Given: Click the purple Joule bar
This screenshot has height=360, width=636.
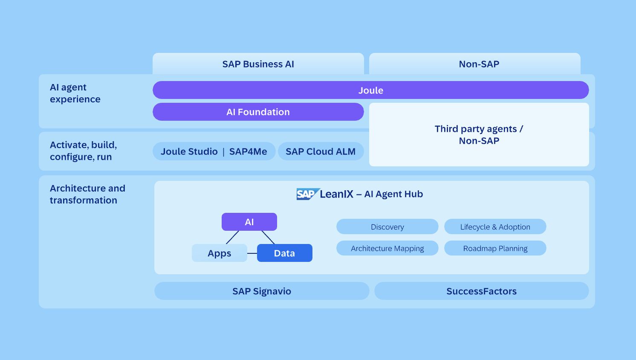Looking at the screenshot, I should [370, 90].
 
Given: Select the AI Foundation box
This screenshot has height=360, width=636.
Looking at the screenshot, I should [258, 112].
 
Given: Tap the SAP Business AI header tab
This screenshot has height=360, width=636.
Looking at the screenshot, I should [258, 64].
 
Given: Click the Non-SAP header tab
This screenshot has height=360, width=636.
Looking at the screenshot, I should [479, 64].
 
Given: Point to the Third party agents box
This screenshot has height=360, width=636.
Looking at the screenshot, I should [479, 135].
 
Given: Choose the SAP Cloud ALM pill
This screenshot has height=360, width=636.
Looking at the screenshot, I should [321, 151].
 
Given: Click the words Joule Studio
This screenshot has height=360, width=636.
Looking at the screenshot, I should [189, 151].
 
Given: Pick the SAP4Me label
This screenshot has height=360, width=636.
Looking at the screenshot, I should [248, 151].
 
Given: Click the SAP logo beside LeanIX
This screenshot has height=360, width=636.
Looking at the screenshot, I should [307, 194].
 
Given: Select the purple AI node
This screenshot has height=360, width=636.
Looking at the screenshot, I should [249, 222].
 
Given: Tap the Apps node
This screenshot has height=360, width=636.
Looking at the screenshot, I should [219, 253].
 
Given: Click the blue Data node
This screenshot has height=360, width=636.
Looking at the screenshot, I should [284, 253].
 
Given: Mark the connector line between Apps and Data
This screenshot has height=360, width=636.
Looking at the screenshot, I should [252, 253].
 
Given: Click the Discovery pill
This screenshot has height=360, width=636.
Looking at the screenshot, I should [387, 226].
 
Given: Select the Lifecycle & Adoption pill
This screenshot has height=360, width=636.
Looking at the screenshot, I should [495, 226].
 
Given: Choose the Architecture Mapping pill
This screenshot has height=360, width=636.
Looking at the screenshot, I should [387, 248].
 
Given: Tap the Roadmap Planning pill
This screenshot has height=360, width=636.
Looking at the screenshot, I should [495, 248].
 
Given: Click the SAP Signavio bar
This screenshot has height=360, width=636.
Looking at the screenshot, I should [261, 291].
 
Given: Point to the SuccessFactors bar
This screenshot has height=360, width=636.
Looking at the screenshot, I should [481, 291].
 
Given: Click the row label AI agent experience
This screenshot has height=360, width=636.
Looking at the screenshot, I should [75, 93].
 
